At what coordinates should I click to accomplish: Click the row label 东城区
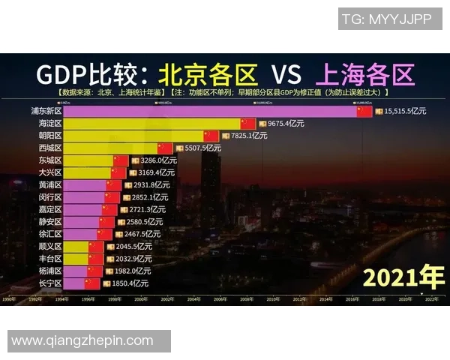(x=51, y=160)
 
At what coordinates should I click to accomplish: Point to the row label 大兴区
(x=51, y=172)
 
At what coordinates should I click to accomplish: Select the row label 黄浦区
(x=51, y=184)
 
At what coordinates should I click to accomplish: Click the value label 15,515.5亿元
(x=405, y=111)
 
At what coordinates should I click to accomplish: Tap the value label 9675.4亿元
(x=284, y=123)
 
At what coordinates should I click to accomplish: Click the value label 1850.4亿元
(x=130, y=283)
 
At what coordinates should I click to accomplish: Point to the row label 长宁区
(x=51, y=283)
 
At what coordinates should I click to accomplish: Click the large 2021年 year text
(x=403, y=277)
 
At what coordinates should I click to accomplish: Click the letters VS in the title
(x=286, y=74)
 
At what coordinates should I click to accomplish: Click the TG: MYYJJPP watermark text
(x=386, y=19)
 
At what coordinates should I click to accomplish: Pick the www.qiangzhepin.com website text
(x=82, y=340)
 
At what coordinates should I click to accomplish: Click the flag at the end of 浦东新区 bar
(x=364, y=111)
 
